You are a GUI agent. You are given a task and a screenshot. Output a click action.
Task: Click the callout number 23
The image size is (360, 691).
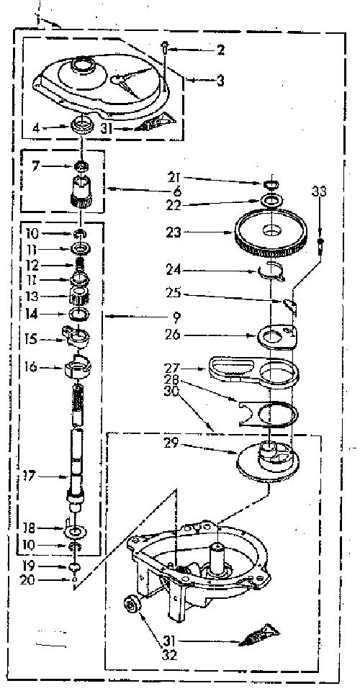(174, 232)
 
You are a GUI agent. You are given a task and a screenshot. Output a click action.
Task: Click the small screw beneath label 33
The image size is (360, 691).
(321, 244)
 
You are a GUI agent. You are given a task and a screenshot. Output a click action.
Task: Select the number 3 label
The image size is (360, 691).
(220, 81)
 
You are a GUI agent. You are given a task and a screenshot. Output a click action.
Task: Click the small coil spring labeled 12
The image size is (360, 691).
(81, 266)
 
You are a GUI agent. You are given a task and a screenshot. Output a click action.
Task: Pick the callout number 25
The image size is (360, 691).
(174, 294)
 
